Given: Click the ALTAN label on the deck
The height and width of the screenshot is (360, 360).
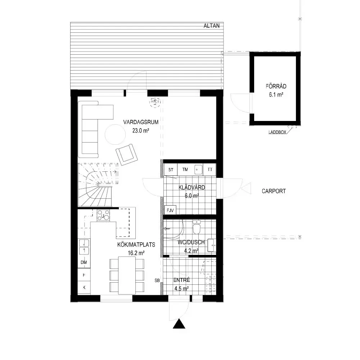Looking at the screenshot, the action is pos(211,26).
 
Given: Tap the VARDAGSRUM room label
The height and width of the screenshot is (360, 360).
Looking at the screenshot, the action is pos(141,122).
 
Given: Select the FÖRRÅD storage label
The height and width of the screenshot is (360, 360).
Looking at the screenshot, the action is pos(276,86).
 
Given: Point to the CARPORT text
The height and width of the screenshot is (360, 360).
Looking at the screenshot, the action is pos(274,191).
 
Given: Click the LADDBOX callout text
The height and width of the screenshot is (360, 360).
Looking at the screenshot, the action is pos(277,132).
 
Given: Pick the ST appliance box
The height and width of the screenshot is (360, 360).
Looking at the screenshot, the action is pos(171,170).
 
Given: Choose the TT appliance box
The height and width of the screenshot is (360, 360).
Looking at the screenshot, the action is pos(210,170).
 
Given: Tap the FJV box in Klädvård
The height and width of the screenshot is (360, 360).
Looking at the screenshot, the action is pos(170,210).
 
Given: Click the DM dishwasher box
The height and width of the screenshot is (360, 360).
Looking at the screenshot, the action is pos(84,262).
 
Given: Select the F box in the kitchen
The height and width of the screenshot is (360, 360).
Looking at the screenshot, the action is pos(84,275).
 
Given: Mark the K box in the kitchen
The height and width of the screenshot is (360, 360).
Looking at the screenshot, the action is pos(84,287).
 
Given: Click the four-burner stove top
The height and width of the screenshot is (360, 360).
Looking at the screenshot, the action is pos(103,215).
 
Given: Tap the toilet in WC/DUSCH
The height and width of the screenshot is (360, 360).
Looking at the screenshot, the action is pos(197,227).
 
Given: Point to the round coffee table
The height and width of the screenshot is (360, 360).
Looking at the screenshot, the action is pos(115,135).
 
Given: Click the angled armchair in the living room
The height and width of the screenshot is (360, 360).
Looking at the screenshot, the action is pos(126,154).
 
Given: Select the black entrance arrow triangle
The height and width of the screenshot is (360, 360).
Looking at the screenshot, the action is pos(179,324).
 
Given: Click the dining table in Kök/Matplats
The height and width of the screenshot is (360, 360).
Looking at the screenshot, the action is pos(127,275).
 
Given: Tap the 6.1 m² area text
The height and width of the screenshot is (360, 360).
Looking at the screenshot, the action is pos(276,95).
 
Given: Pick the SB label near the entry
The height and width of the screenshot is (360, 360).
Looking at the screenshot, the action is pos(157,280).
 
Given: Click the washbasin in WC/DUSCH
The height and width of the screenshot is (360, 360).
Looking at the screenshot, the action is pos(212,246).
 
